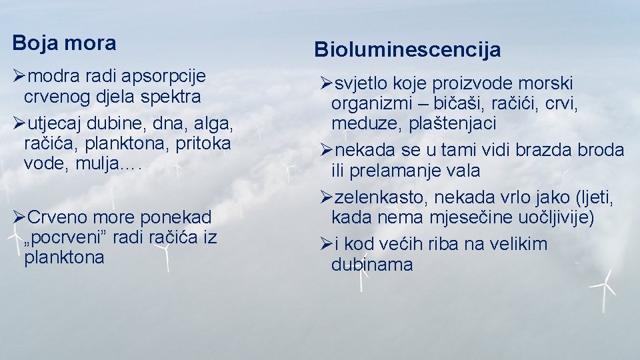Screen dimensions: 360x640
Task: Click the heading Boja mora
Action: (x=64, y=43)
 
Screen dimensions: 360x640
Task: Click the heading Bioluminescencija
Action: (x=407, y=49)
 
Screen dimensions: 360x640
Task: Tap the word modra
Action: (x=52, y=77)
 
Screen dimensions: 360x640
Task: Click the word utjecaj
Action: (x=51, y=123)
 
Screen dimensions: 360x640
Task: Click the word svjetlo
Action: (x=360, y=84)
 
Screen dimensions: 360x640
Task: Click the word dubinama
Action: (x=372, y=264)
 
